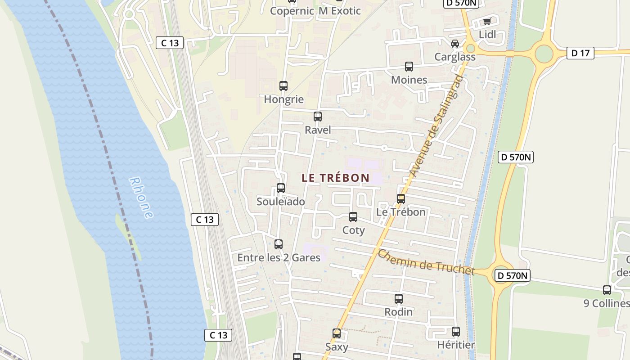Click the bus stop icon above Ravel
point(318,117)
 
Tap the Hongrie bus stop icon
point(283,86)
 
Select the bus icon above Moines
point(409,67)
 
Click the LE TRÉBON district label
point(335,178)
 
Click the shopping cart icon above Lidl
point(487,21)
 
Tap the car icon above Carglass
point(455,44)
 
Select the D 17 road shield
point(580,53)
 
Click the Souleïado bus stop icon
point(281,188)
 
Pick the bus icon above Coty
point(353,217)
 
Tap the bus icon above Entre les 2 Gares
point(279,244)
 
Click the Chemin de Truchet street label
point(426,262)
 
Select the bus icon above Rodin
point(399,298)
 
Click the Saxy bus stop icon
point(337,333)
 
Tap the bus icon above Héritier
point(456,332)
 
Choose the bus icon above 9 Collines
point(607,290)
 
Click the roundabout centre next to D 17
point(544,54)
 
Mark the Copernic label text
point(292,11)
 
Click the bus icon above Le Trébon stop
point(400,198)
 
